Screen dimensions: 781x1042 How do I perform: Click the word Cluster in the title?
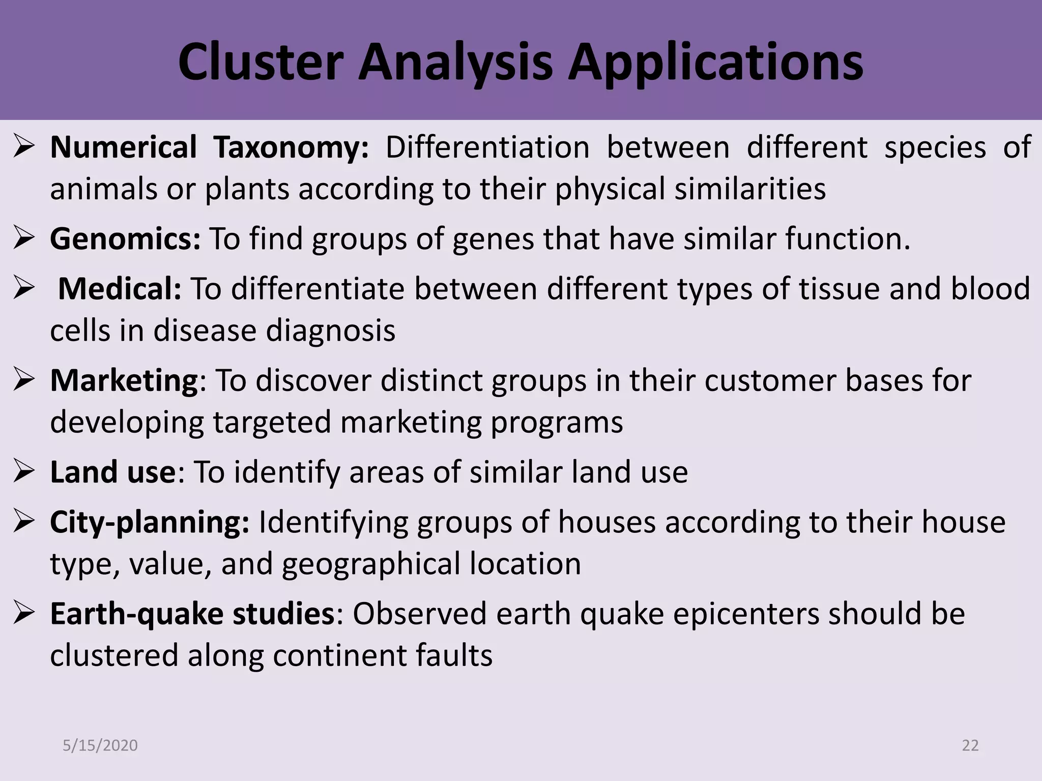pyautogui.click(x=260, y=62)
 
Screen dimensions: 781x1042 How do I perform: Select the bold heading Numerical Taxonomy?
pyautogui.click(x=209, y=147)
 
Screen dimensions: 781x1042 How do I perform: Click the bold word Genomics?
pyautogui.click(x=125, y=238)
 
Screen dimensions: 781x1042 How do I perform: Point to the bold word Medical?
pyautogui.click(x=120, y=289)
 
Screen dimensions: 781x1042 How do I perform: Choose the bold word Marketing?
pyautogui.click(x=124, y=380)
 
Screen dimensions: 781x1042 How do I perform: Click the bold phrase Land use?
pyautogui.click(x=112, y=472)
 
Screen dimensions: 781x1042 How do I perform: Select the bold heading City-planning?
pyautogui.click(x=150, y=522)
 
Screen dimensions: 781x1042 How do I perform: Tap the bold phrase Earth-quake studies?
pyautogui.click(x=192, y=614)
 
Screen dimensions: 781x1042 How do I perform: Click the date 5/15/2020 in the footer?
pyautogui.click(x=100, y=745)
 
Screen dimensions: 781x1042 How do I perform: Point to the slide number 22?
pyautogui.click(x=970, y=745)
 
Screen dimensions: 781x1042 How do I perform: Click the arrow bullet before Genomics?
pyautogui.click(x=24, y=238)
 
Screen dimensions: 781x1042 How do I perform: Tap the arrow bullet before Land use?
pyautogui.click(x=24, y=472)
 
